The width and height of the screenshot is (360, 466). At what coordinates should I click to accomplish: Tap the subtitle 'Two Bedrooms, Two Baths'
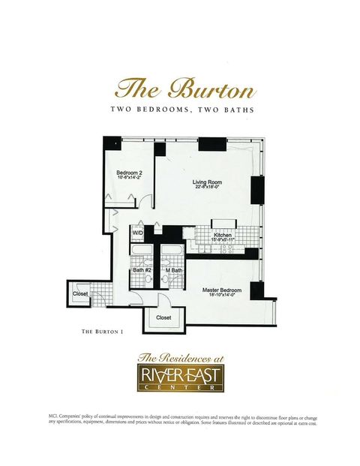pyautogui.click(x=179, y=110)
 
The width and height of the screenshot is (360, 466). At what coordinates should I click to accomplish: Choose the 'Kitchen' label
pyautogui.click(x=223, y=235)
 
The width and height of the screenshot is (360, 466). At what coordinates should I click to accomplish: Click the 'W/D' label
pyautogui.click(x=138, y=233)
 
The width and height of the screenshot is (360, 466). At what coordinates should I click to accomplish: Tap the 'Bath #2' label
pyautogui.click(x=142, y=270)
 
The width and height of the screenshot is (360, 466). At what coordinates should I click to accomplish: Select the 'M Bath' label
pyautogui.click(x=173, y=270)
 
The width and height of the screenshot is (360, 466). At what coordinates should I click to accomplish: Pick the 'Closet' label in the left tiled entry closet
pyautogui.click(x=80, y=293)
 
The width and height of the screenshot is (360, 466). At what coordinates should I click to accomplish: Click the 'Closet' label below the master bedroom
pyautogui.click(x=163, y=317)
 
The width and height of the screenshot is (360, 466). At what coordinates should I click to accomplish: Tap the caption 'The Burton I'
pyautogui.click(x=101, y=331)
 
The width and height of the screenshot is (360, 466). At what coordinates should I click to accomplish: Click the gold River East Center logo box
pyautogui.click(x=179, y=378)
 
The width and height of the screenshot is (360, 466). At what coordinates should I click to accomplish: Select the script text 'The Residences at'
pyautogui.click(x=179, y=357)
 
